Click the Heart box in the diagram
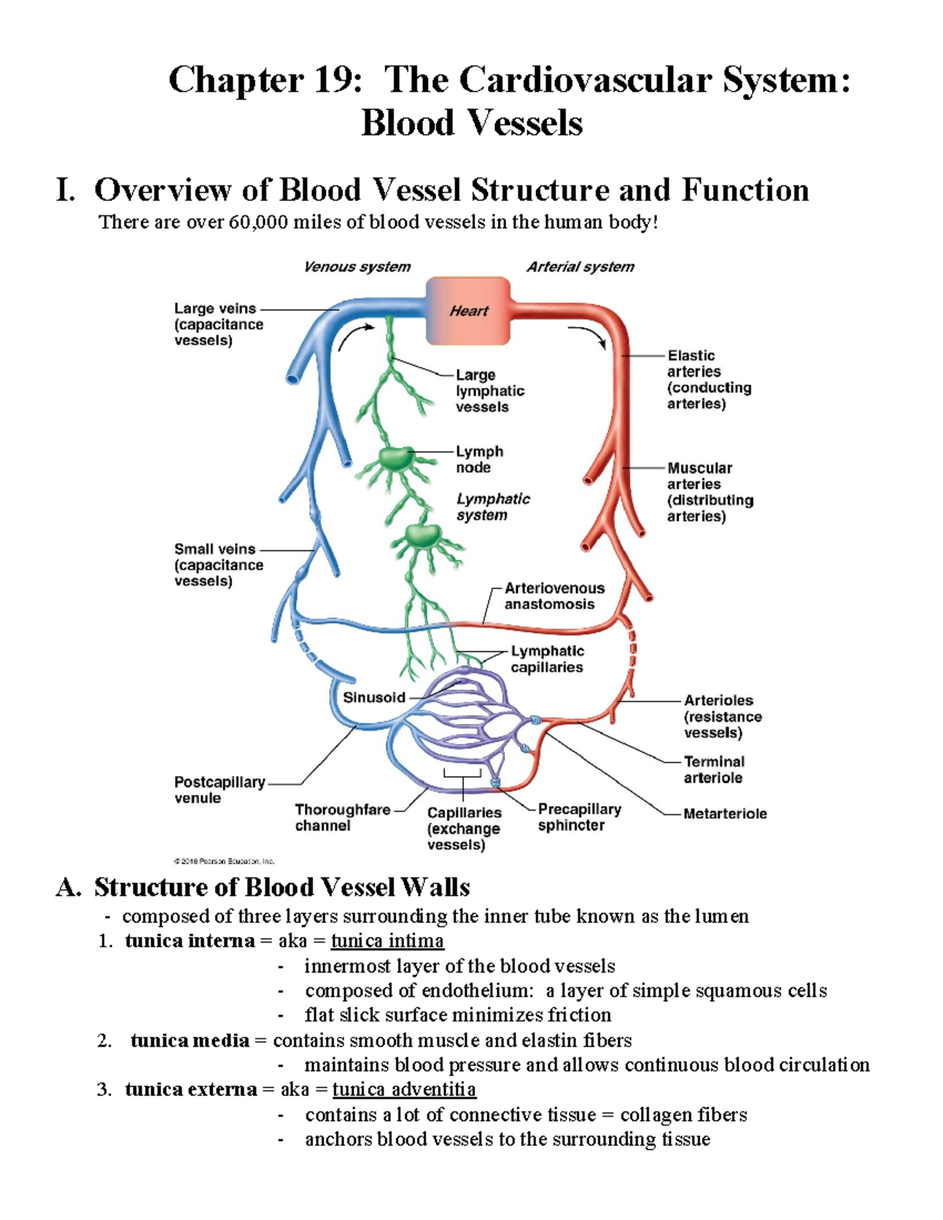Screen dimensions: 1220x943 tap(468, 311)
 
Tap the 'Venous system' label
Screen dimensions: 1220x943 tap(357, 267)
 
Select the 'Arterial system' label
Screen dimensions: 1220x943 tap(580, 267)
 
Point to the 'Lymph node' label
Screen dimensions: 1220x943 tap(479, 460)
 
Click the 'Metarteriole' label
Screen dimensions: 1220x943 tap(725, 814)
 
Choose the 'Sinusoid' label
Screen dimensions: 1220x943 tap(374, 698)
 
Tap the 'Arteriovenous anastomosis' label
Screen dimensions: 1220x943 tap(554, 596)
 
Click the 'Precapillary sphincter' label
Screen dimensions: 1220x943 tap(579, 817)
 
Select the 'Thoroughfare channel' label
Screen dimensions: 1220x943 tap(342, 817)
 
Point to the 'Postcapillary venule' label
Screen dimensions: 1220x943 tap(219, 790)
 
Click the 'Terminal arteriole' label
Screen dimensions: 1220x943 tap(714, 770)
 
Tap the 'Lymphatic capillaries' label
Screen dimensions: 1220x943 tap(547, 659)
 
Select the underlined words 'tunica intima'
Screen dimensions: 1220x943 tap(387, 941)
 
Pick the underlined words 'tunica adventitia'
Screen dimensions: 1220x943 tap(404, 1090)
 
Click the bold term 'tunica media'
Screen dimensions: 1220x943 tap(189, 1041)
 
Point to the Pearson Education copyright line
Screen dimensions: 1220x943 tap(224, 861)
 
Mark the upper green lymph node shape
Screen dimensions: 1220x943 tap(395, 458)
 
